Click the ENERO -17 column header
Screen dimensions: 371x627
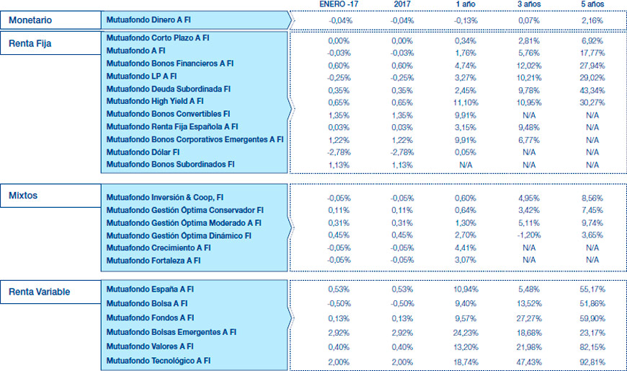338,5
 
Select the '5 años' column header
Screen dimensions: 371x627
592,5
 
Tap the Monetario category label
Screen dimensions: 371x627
30,20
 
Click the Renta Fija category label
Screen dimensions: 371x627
30,43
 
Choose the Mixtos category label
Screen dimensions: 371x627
24,195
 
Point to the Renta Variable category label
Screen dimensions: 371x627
39,292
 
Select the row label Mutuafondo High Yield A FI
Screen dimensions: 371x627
155,101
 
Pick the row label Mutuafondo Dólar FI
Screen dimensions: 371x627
143,152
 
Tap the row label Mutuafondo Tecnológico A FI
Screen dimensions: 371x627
159,360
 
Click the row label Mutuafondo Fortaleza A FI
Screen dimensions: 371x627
154,261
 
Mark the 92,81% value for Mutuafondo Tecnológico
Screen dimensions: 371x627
592,360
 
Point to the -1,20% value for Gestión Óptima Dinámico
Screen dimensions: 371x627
529,235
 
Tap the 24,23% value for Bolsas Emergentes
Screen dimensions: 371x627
466,332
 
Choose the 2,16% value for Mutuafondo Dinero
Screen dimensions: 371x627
592,20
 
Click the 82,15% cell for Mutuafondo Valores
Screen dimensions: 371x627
592,346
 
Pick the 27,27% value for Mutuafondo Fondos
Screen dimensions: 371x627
529,318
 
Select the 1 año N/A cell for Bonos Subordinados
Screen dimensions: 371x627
466,165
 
